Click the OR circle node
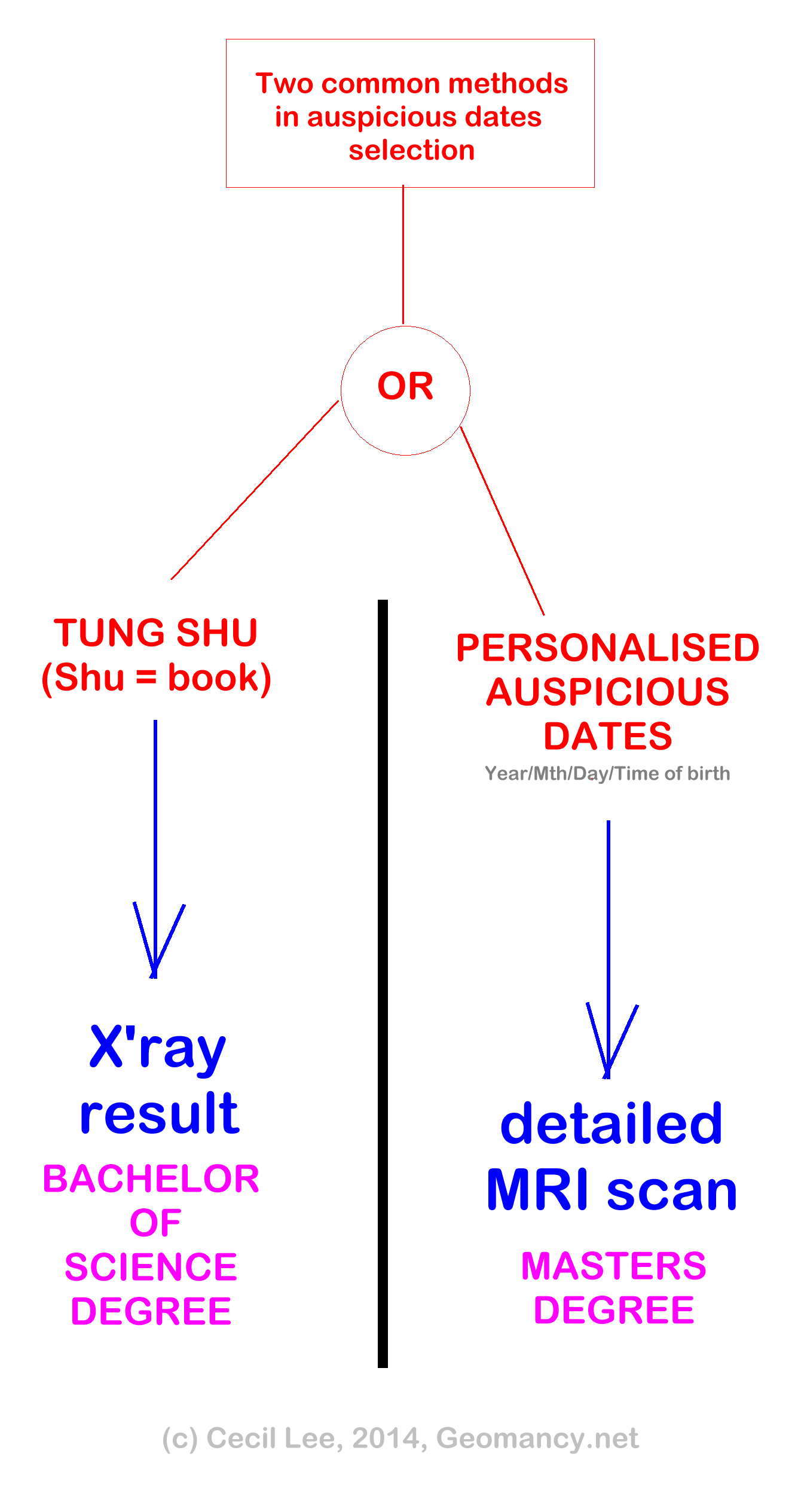click(405, 390)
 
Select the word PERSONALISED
click(607, 648)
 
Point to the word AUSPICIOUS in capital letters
click(607, 692)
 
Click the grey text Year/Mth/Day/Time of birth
click(607, 773)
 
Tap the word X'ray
click(158, 1048)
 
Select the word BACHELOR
click(151, 1178)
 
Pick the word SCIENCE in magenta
click(151, 1267)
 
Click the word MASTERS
click(614, 1266)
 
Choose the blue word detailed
click(611, 1125)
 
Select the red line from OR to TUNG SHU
click(255, 490)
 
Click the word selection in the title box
click(412, 150)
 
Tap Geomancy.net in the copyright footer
click(537, 1438)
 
